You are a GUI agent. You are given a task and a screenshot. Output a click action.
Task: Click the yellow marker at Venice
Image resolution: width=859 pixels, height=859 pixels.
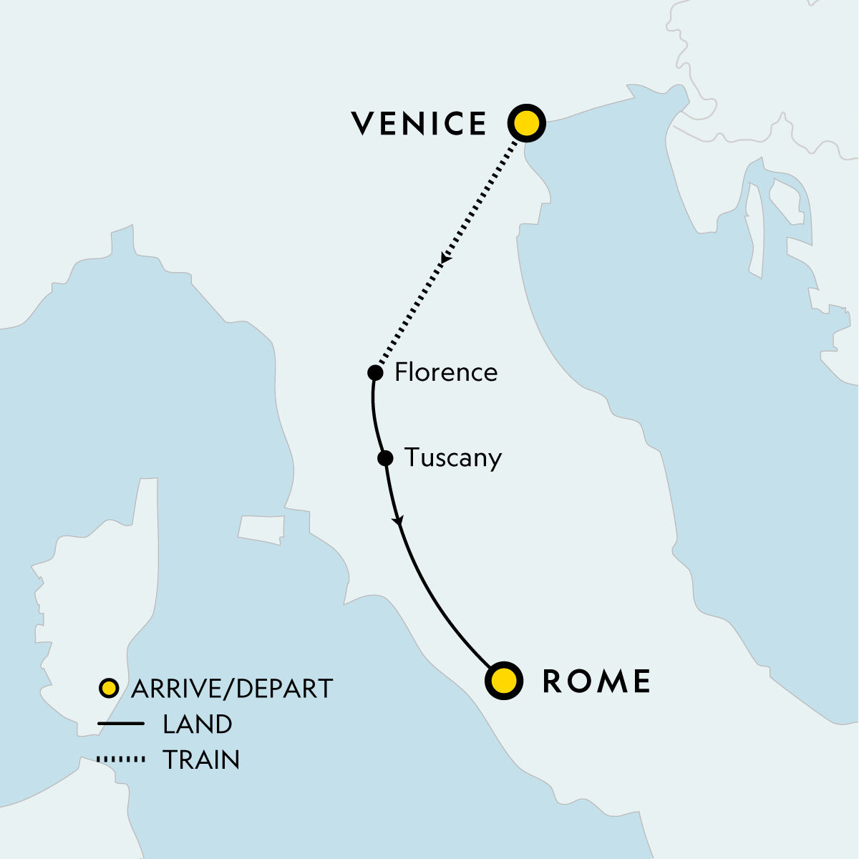click(526, 124)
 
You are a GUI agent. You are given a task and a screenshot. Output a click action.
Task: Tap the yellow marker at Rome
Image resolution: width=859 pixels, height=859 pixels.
click(504, 680)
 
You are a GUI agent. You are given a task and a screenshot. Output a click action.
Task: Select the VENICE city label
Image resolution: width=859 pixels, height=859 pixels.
click(419, 124)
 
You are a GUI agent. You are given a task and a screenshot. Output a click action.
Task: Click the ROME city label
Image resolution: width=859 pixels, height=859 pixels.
click(596, 681)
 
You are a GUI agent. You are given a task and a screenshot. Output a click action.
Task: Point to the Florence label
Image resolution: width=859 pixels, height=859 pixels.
click(446, 372)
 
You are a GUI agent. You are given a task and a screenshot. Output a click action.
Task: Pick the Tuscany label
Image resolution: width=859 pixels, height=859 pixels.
click(453, 457)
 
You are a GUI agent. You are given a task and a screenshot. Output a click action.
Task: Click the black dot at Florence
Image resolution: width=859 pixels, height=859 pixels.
click(374, 372)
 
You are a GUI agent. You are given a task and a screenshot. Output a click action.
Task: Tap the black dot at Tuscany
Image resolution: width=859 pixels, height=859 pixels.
click(385, 458)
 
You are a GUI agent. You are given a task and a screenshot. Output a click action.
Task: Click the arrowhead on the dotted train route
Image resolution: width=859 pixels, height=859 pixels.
click(445, 258)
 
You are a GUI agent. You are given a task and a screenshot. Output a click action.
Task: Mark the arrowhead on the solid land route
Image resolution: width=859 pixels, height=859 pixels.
click(399, 523)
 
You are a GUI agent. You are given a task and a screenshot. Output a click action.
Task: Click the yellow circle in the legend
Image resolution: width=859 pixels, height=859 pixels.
click(108, 689)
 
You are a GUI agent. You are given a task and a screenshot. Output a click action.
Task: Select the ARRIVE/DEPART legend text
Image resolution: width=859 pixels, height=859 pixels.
click(232, 689)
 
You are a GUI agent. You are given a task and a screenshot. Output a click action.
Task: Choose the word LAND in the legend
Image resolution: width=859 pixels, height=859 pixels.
click(198, 724)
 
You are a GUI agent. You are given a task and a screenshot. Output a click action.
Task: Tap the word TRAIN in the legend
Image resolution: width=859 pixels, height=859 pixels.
click(201, 759)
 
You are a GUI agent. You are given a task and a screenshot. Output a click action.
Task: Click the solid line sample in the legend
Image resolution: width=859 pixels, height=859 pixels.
click(121, 724)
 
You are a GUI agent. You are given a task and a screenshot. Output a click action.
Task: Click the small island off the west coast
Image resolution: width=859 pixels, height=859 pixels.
click(261, 529)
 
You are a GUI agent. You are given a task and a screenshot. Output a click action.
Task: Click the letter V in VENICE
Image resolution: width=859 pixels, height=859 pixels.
click(363, 124)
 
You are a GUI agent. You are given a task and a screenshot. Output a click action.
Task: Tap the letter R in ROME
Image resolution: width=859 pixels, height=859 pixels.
click(553, 681)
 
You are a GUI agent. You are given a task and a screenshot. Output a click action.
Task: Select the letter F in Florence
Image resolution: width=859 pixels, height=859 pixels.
click(400, 372)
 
